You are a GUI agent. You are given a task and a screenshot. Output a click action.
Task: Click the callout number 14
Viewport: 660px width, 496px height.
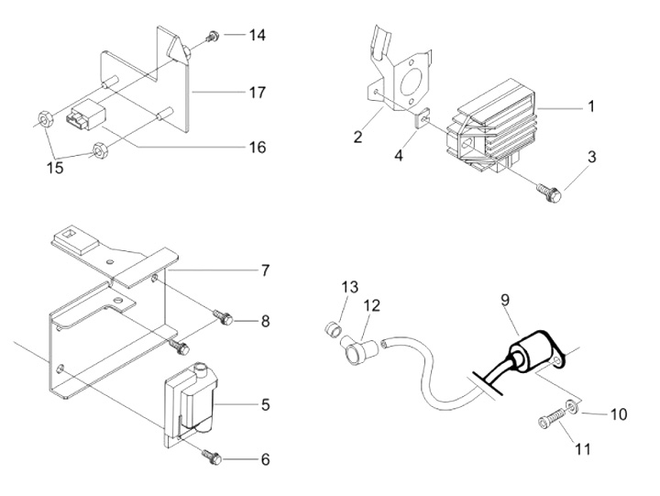pos(258,36)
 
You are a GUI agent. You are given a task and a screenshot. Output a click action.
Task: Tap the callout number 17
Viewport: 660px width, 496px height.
pos(258,93)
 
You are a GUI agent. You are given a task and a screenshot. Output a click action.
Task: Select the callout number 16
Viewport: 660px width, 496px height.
pos(258,147)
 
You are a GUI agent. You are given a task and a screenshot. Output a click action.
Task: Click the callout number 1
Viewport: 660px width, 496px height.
pos(591,107)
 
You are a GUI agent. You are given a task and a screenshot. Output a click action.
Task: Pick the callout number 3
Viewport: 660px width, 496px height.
pos(591,158)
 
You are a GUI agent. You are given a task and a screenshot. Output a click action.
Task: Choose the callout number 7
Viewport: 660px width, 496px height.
pos(265,271)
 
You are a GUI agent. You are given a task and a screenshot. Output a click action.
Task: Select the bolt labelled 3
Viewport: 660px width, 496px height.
pos(550,190)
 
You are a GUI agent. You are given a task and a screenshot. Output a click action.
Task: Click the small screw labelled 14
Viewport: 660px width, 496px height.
pos(212,36)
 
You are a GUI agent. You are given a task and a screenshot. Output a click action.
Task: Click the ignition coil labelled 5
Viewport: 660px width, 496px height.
pos(192,398)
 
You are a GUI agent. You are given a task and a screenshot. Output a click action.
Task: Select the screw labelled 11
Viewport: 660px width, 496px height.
pos(549,422)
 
